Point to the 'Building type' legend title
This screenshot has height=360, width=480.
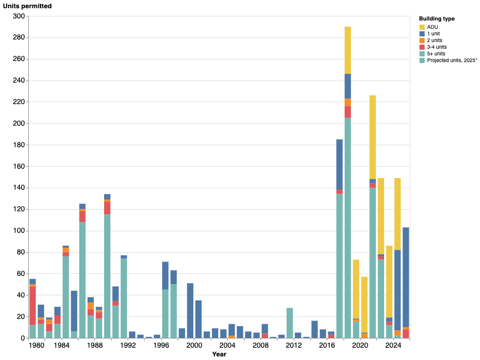point(436,18)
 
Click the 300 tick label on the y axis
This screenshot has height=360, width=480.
point(19,16)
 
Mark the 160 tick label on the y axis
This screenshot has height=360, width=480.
point(19,167)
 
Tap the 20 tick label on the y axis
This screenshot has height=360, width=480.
point(21,317)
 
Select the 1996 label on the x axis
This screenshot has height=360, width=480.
point(161,345)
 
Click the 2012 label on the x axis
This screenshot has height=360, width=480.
point(294,345)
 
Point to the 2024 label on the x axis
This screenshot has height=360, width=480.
point(393,345)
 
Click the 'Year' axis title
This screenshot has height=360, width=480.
point(219,354)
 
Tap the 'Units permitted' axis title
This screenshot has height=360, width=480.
point(27,6)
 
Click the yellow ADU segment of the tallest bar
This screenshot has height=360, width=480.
point(348,50)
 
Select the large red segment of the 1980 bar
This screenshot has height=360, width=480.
point(33,306)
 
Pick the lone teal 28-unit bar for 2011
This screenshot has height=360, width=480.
point(290,323)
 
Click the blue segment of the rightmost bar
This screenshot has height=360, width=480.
point(406,277)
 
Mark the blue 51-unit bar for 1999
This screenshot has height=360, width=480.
point(190,311)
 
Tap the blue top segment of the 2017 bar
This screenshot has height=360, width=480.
point(339,165)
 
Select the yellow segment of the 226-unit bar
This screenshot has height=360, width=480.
point(373,137)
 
